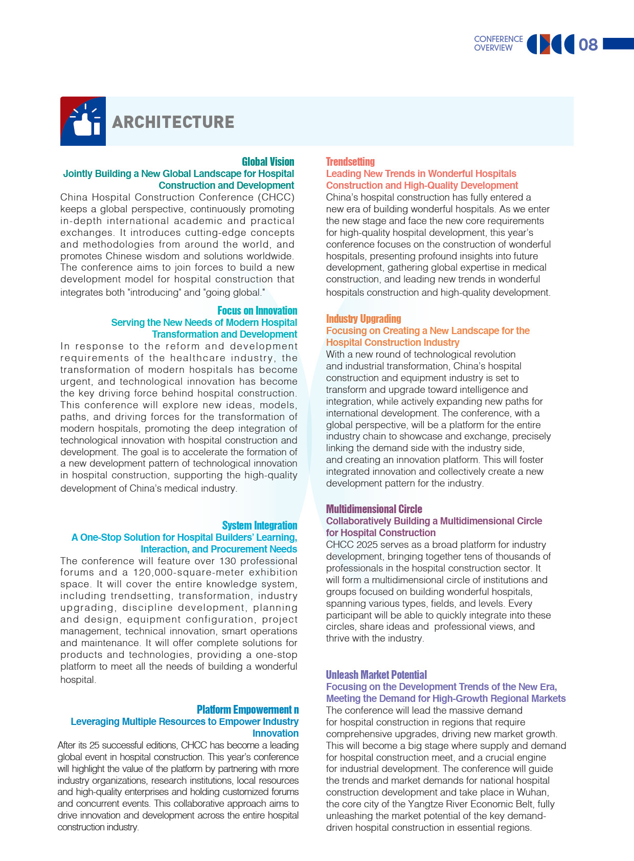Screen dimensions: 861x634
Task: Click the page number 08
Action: (x=588, y=45)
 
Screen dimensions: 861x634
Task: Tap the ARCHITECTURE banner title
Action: (x=173, y=122)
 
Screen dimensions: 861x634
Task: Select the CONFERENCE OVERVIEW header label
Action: (x=498, y=43)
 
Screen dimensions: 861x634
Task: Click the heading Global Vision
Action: (x=268, y=162)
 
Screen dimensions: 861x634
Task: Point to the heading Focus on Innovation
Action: (x=257, y=311)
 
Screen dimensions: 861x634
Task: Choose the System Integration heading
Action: (x=259, y=525)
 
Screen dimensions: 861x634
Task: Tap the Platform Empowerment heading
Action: (x=247, y=710)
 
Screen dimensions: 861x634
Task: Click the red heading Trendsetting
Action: (x=350, y=162)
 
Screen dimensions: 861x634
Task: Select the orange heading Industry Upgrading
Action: (x=364, y=319)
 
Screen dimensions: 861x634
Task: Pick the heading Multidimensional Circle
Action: (x=374, y=509)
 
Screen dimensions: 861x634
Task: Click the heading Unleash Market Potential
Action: (x=376, y=675)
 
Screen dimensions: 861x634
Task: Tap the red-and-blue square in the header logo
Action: (x=545, y=44)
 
